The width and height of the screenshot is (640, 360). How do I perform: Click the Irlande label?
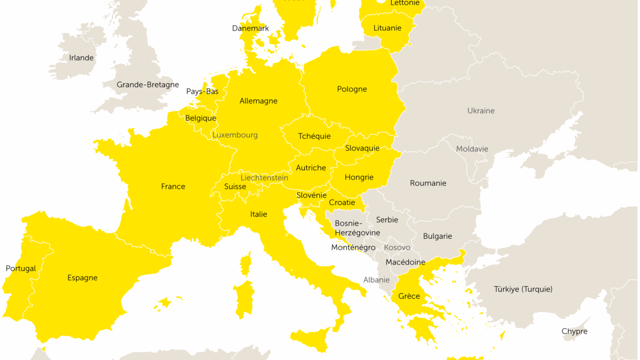[81, 58]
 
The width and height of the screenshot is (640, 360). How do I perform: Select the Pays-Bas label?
[202, 91]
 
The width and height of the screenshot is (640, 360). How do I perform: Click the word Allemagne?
[258, 101]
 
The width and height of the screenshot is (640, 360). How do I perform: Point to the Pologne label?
[352, 89]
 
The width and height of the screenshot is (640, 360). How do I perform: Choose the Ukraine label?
[481, 111]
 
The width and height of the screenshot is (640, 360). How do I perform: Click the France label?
[173, 186]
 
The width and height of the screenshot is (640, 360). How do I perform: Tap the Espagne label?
[82, 278]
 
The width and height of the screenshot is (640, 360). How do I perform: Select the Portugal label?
[21, 269]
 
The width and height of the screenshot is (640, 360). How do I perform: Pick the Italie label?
[258, 214]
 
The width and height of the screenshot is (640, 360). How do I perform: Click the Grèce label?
[409, 296]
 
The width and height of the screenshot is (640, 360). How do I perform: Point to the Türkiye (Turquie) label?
[523, 289]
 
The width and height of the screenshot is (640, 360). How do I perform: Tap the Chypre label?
[574, 331]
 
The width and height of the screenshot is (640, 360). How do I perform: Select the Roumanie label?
[428, 183]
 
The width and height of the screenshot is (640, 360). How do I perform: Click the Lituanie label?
[387, 28]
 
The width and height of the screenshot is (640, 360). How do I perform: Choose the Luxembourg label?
[235, 135]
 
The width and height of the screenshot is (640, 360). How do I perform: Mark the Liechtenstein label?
[264, 178]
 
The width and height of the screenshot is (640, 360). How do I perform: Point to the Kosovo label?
[397, 247]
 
